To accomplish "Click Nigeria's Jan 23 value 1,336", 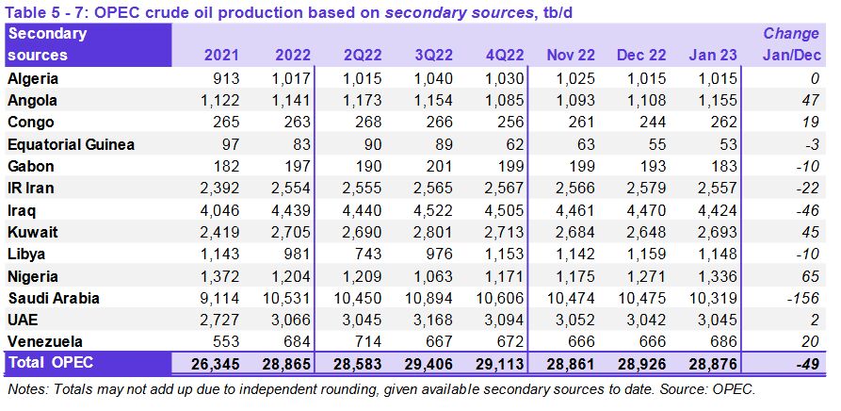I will coord(712,276).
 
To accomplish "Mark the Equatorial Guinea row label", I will coord(71,143).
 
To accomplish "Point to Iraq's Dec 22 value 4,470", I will coord(638,209).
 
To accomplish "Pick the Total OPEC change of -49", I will coord(804,363).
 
